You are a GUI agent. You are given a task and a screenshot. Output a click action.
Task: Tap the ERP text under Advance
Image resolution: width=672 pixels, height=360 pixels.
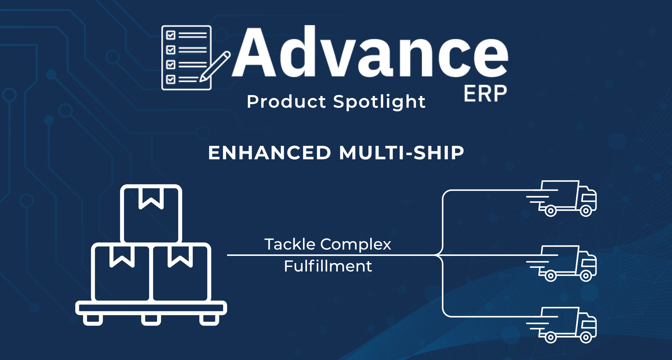[485, 94]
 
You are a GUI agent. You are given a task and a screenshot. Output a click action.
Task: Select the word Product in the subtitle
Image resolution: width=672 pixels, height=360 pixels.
[286, 101]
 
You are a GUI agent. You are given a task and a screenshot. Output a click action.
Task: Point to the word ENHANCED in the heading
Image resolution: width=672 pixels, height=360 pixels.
[270, 153]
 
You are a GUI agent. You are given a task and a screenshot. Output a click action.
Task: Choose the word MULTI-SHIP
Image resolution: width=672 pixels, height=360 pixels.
[402, 153]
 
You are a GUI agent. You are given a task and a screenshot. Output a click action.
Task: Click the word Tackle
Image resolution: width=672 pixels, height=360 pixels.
[290, 244]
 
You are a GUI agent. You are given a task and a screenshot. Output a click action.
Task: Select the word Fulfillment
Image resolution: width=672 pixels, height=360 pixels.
[328, 266]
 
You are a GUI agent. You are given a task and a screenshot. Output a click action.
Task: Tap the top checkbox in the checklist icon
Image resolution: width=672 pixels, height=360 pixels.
[171, 35]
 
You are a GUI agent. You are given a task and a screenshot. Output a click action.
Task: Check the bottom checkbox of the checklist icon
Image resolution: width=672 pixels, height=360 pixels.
[171, 79]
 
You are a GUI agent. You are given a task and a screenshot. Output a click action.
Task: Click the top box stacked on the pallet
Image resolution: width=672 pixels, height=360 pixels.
[151, 214]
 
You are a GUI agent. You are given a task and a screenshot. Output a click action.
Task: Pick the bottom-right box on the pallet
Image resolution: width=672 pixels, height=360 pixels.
[181, 272]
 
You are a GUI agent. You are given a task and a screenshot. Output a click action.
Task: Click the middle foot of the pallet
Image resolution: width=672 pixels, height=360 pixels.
[151, 320]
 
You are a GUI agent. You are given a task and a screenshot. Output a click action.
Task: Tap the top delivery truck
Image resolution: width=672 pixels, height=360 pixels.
[561, 198]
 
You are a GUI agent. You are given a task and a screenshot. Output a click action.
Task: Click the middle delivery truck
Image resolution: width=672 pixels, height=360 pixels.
[561, 263]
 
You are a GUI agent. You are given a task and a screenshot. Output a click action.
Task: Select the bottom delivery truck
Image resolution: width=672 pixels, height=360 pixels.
[561, 325]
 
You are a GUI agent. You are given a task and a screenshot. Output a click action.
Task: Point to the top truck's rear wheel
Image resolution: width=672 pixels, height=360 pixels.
[550, 211]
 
